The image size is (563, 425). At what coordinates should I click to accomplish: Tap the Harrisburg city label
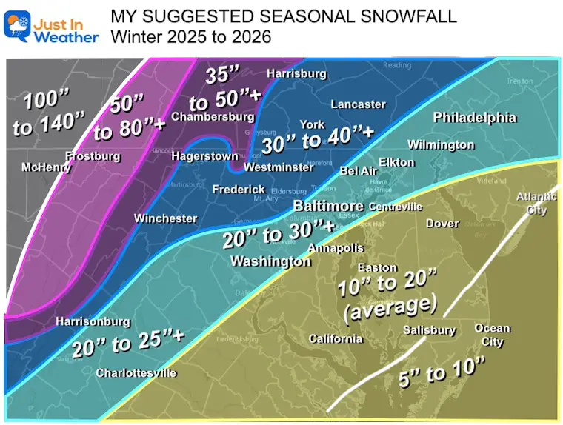[296, 73]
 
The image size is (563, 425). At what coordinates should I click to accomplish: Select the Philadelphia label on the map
[474, 118]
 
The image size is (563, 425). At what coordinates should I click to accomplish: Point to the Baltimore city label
[328, 205]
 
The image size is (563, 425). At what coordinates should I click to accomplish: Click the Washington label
[270, 261]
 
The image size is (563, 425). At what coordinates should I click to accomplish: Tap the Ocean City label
[493, 335]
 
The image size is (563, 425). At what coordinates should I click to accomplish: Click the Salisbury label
[429, 330]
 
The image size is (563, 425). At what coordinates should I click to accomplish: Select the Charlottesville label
[136, 373]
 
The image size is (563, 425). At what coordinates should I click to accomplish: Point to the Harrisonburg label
[93, 322]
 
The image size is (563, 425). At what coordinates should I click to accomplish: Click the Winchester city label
[165, 218]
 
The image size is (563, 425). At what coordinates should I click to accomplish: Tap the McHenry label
[46, 167]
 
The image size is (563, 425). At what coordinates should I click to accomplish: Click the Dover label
[442, 223]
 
